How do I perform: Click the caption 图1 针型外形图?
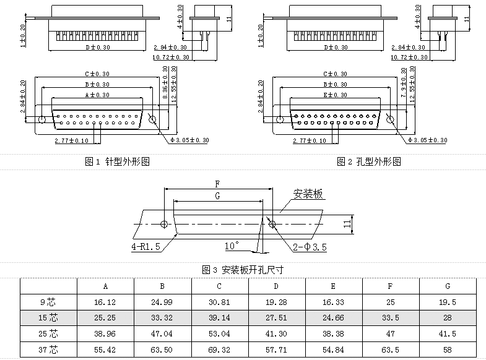coord(117,162)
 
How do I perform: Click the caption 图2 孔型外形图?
coord(369,162)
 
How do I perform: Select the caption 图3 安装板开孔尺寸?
coord(243,270)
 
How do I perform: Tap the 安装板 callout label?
coord(308,194)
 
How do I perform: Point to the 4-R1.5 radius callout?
coord(145,247)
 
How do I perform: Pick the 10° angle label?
coord(232,246)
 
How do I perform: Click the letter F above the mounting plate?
coord(217,184)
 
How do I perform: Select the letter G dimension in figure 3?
coord(217,195)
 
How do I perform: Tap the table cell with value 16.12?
coord(105,302)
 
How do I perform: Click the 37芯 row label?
coord(48,349)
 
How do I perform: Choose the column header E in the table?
coord(333,286)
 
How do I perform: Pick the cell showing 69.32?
coord(219,349)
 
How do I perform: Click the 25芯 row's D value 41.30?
coord(276,334)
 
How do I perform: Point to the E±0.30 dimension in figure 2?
coord(335,95)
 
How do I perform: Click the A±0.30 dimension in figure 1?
coord(97,95)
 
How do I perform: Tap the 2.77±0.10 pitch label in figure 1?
coord(71,141)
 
